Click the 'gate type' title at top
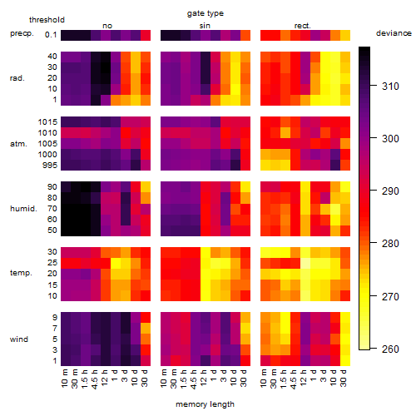tap(206, 13)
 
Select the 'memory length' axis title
tap(205, 404)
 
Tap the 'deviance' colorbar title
tap(394, 33)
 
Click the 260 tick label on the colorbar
tap(390, 349)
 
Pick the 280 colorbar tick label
tap(390, 244)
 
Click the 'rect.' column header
tap(303, 26)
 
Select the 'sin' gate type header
tap(205, 26)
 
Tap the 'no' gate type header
tap(107, 26)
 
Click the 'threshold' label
tap(47, 20)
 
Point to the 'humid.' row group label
tap(23, 209)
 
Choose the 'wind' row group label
tap(19, 339)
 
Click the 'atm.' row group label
tap(18, 144)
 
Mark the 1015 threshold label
tap(47, 122)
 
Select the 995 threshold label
tap(50, 166)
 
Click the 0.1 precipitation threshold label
tap(51, 35)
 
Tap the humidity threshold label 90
tap(52, 187)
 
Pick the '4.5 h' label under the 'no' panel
tap(94, 379)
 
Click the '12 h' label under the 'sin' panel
tap(204, 378)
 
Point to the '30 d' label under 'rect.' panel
tap(344, 378)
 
